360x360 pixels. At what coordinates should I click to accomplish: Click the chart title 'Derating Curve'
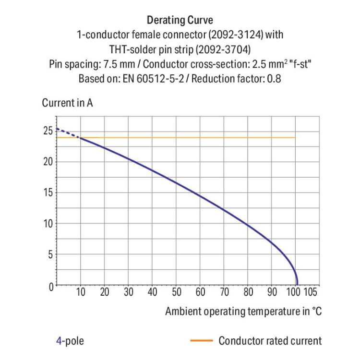pyautogui.click(x=180, y=20)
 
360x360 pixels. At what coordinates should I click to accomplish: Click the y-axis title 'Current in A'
pyautogui.click(x=67, y=103)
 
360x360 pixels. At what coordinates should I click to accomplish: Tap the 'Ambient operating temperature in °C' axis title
pyautogui.click(x=243, y=311)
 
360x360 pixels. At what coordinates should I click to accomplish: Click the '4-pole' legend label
pyautogui.click(x=70, y=341)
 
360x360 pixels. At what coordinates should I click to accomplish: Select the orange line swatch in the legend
pyautogui.click(x=201, y=341)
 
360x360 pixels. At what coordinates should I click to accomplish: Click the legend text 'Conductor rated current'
pyautogui.click(x=270, y=341)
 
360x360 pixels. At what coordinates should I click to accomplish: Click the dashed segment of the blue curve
pyautogui.click(x=67, y=133)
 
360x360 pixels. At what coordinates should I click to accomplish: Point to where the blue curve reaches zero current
pyautogui.click(x=297, y=285)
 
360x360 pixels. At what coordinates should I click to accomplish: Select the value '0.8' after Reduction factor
pyautogui.click(x=274, y=78)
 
